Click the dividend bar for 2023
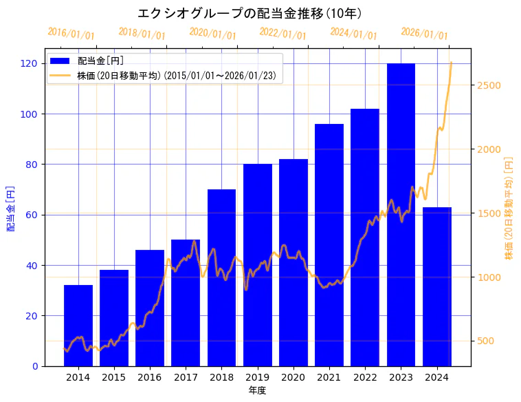(x=401, y=214)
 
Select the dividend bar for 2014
(x=78, y=325)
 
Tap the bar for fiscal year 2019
(x=257, y=264)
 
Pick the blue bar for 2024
(x=436, y=286)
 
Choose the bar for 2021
(x=329, y=244)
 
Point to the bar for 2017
(x=186, y=302)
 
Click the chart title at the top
(x=250, y=13)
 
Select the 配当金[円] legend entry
(x=100, y=61)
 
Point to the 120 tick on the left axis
(x=30, y=63)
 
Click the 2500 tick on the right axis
(x=489, y=85)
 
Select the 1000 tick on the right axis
(x=489, y=277)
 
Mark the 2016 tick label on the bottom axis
(x=150, y=377)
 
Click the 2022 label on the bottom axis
(x=365, y=377)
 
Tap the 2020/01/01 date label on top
(x=212, y=34)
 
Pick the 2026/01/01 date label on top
(x=424, y=34)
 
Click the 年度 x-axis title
(x=257, y=390)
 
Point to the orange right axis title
(x=509, y=208)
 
